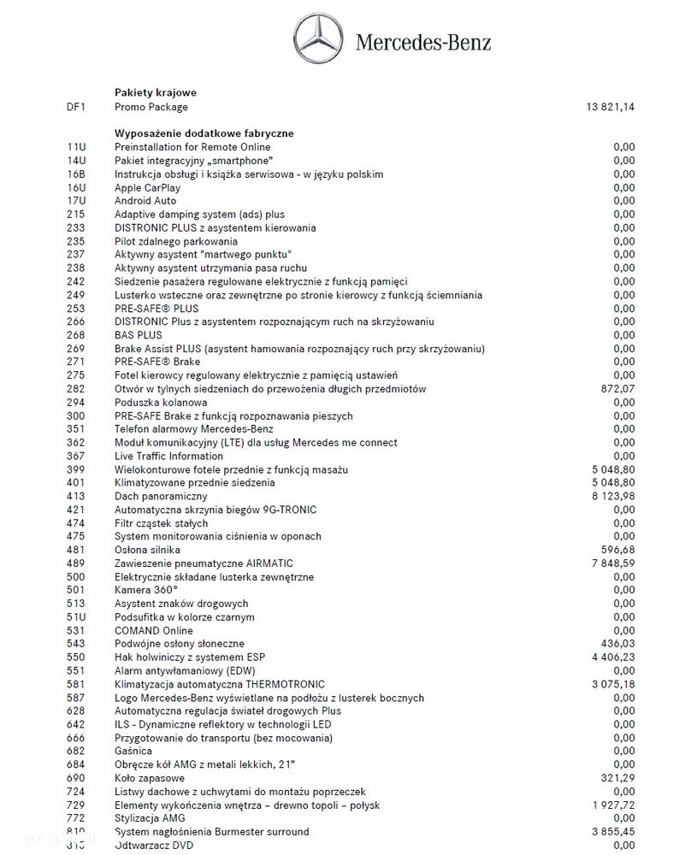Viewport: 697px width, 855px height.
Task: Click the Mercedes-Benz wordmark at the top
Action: pyautogui.click(x=423, y=41)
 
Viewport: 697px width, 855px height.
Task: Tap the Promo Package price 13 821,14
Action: pyautogui.click(x=611, y=107)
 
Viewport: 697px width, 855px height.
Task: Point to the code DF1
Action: pyautogui.click(x=75, y=107)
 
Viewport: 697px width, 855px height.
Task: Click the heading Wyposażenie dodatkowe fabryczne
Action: pyautogui.click(x=204, y=133)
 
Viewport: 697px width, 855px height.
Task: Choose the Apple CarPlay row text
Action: pyautogui.click(x=148, y=187)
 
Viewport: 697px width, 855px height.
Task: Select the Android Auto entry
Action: pyautogui.click(x=145, y=201)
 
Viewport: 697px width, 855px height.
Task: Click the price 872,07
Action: pyautogui.click(x=618, y=389)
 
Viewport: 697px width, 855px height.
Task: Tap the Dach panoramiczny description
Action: pyautogui.click(x=161, y=497)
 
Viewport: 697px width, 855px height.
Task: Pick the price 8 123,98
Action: pyautogui.click(x=613, y=497)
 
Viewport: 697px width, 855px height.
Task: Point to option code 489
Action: pyautogui.click(x=75, y=563)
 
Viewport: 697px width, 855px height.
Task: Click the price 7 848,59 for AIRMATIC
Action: pyautogui.click(x=613, y=563)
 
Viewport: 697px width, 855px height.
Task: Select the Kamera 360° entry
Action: pyautogui.click(x=146, y=590)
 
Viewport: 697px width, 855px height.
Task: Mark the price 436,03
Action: pyautogui.click(x=618, y=644)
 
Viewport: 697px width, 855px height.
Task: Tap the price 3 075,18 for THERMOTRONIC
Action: pyautogui.click(x=613, y=684)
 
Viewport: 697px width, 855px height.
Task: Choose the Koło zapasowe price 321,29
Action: pyautogui.click(x=618, y=778)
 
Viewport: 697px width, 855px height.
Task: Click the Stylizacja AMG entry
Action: pyautogui.click(x=149, y=818)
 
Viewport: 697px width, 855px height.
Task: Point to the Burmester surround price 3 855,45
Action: pyautogui.click(x=613, y=832)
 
